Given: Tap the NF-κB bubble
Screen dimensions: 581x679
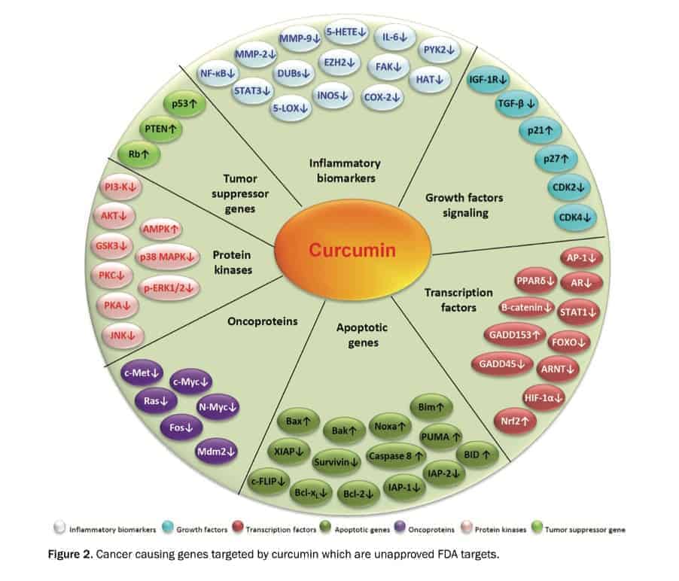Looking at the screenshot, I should [x=219, y=74].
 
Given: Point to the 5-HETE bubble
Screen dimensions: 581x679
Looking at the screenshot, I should [x=347, y=32].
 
